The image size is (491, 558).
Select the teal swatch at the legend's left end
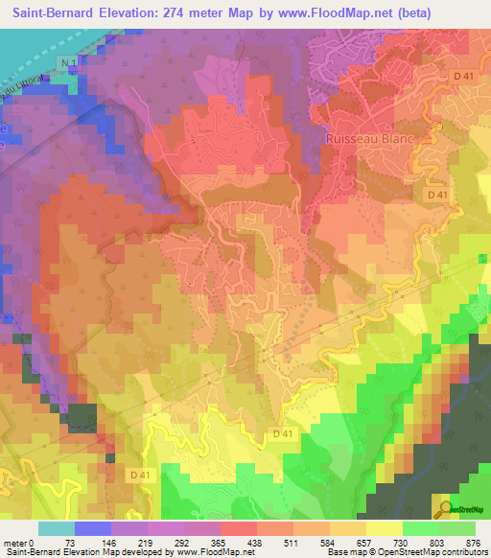[57, 527]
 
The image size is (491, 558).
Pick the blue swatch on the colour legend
[93, 527]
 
